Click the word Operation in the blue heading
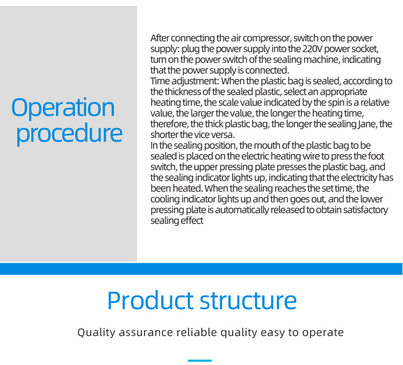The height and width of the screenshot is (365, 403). [63, 107]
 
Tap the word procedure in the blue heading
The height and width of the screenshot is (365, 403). [69, 133]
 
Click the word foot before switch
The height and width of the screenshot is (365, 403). [376, 156]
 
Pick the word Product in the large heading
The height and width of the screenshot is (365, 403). [150, 300]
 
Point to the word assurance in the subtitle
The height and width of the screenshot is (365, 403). [146, 333]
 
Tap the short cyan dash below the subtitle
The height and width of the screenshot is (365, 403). [200, 361]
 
